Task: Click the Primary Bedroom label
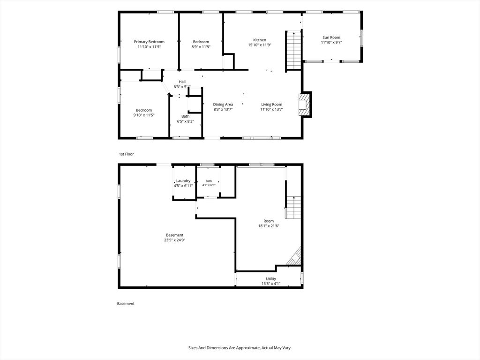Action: [149, 42]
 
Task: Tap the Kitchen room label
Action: [260, 40]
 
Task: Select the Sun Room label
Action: [331, 37]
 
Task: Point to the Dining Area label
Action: [223, 105]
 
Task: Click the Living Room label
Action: [271, 105]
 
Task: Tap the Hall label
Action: [182, 82]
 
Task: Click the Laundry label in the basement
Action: [183, 180]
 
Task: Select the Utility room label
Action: [270, 278]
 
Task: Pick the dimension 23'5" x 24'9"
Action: [174, 240]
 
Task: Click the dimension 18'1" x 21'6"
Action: [269, 226]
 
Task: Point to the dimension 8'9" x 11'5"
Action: [201, 47]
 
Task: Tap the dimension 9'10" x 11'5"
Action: [144, 115]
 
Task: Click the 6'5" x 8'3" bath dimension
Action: [185, 121]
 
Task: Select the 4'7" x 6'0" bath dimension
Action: [209, 185]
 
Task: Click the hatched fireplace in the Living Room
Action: [304, 105]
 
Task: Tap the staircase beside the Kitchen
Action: [294, 51]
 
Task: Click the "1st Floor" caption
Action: [127, 154]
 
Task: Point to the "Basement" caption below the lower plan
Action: [126, 304]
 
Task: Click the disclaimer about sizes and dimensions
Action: [240, 348]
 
